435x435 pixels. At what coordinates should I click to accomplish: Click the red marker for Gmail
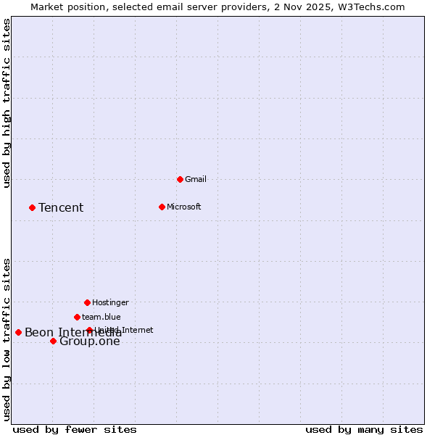(180, 179)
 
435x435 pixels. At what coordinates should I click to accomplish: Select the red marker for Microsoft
(162, 207)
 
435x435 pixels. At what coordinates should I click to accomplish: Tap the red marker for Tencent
(32, 207)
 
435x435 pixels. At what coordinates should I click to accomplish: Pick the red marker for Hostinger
(87, 302)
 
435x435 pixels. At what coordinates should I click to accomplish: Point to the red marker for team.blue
(77, 317)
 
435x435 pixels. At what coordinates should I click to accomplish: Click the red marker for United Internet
(89, 330)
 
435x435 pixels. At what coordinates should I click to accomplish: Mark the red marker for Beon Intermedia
(18, 332)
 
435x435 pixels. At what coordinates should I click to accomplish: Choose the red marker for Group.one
(53, 341)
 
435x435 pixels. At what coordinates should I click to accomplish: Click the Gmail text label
(196, 179)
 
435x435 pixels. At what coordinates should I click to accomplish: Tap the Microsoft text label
(184, 207)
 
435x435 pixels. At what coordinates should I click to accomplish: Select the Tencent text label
(61, 208)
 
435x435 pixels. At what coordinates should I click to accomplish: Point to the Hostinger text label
(110, 302)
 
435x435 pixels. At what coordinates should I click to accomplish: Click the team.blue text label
(101, 317)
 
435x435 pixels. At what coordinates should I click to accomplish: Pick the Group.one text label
(90, 341)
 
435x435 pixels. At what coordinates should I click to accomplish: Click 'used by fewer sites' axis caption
(75, 429)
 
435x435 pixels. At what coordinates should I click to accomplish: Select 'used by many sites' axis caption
(364, 429)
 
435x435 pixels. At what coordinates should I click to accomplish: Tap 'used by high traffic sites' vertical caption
(7, 104)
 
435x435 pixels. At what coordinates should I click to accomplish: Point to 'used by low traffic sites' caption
(7, 339)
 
